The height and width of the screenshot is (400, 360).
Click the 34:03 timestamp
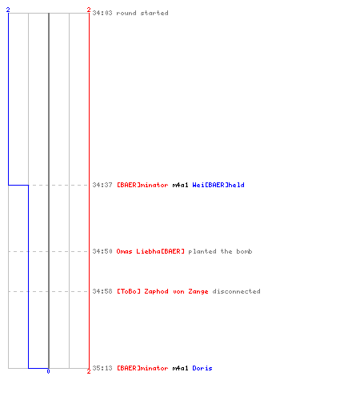[102, 13]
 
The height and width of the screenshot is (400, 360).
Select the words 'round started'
[142, 13]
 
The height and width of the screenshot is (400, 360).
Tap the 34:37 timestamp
[102, 185]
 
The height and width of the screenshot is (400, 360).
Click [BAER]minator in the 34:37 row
[142, 185]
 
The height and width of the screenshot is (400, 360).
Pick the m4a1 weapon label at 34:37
[180, 185]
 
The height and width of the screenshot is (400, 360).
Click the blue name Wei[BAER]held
[218, 185]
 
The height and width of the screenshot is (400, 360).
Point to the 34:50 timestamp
[102, 251]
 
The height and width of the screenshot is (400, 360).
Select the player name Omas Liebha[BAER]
[150, 251]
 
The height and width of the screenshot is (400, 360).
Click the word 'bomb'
[244, 251]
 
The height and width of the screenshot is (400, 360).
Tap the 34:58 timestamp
[102, 291]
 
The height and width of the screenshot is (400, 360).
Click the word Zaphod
[156, 291]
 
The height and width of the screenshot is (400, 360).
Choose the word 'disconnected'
[237, 291]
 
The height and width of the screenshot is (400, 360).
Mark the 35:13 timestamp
[102, 368]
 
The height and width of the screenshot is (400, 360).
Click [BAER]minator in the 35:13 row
[142, 368]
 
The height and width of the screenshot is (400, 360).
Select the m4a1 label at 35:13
[180, 368]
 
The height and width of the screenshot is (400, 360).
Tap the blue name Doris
[202, 368]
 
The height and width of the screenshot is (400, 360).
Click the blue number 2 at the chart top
[8, 10]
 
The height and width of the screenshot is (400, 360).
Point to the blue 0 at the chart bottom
[48, 371]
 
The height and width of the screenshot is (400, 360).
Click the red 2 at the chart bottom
[89, 371]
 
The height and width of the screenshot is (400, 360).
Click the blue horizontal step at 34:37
[18, 185]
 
